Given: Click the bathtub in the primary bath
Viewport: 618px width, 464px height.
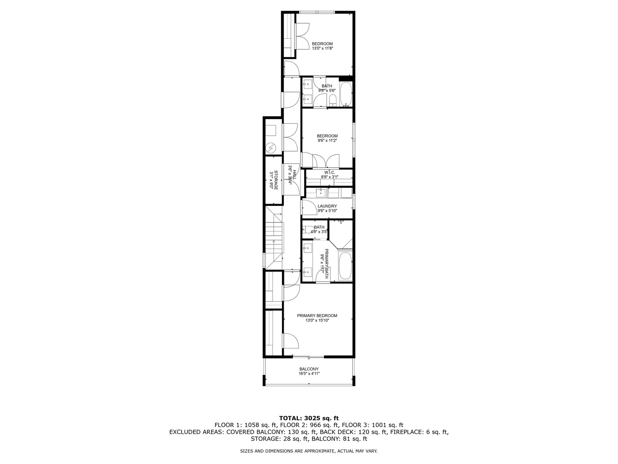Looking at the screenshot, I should click(x=345, y=266).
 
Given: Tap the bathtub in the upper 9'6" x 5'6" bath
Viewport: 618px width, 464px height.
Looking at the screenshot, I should click(x=346, y=95).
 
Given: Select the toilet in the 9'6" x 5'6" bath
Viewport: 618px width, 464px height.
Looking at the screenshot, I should click(x=333, y=101).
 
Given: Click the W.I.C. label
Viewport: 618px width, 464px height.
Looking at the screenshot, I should click(x=329, y=172).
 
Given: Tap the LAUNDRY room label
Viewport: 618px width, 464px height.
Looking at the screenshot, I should click(x=327, y=206).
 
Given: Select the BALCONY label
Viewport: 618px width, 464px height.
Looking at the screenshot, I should click(x=309, y=369).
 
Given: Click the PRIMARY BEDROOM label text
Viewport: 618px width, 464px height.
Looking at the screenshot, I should click(x=317, y=316).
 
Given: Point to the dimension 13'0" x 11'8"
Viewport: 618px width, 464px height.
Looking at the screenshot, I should click(x=322, y=49).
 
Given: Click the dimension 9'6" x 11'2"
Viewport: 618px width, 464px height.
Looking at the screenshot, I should click(x=327, y=140).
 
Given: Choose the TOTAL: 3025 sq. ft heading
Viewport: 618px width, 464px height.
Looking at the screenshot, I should click(x=309, y=418).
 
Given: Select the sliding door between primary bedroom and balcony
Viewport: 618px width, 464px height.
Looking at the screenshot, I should click(x=308, y=357).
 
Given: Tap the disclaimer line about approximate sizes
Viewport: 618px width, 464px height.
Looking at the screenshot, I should click(x=309, y=451).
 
